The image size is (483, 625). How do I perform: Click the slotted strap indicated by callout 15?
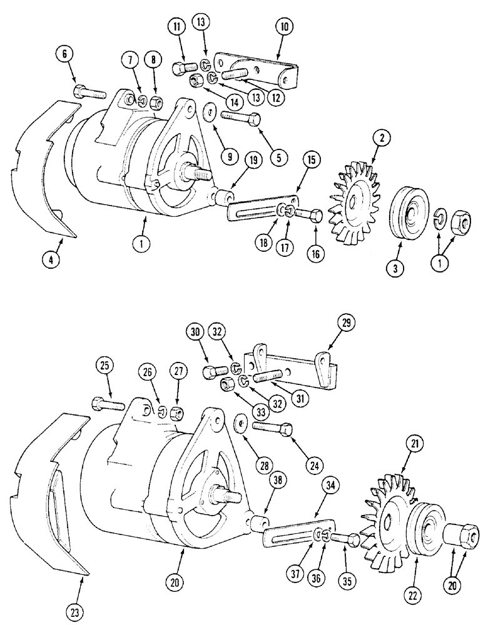point(258,211)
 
